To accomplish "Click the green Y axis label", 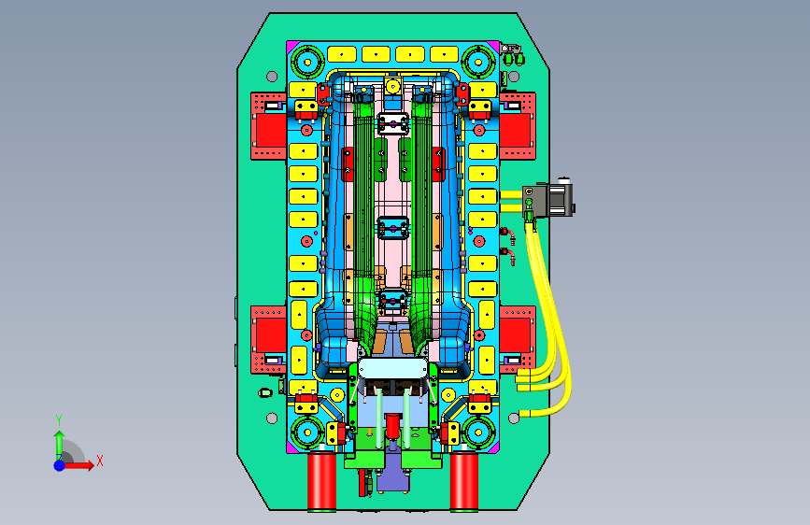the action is [x=59, y=420].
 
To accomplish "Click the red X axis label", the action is [x=100, y=461].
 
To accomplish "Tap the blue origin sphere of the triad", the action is [x=60, y=465].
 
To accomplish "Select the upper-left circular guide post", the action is [x=308, y=63].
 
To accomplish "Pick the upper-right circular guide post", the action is [x=478, y=63].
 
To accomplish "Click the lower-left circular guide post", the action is [x=308, y=432].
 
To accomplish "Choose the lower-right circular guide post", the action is [x=478, y=432].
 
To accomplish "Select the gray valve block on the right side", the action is [x=548, y=200].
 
